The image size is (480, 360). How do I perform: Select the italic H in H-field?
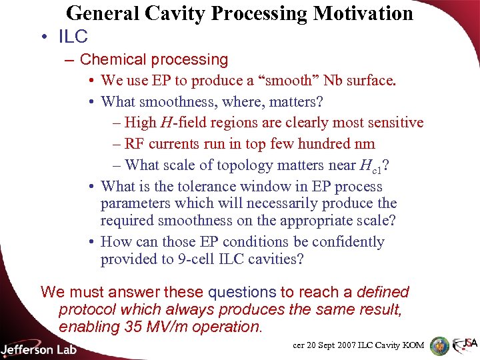pyautogui.click(x=163, y=123)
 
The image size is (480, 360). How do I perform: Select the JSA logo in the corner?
pyautogui.click(x=465, y=345)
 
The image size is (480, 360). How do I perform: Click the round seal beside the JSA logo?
pyautogui.click(x=439, y=345)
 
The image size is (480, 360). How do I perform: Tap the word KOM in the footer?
pyautogui.click(x=413, y=345)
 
